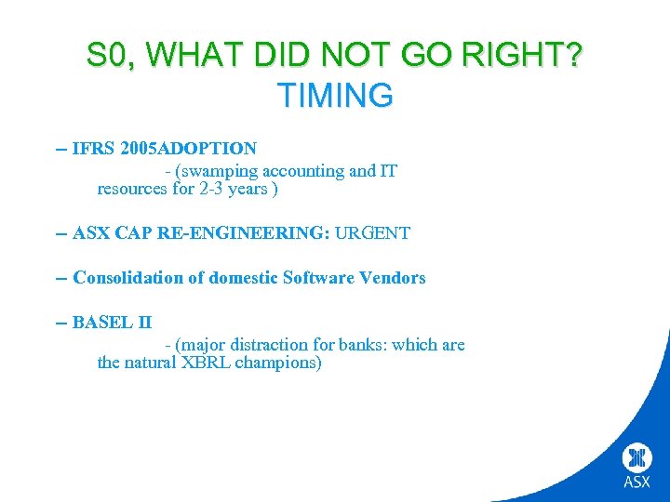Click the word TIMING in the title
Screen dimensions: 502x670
[335, 95]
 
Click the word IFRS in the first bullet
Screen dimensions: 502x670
[94, 148]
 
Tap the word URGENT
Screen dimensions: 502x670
[372, 233]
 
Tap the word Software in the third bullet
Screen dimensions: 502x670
[317, 278]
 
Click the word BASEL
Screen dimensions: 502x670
[102, 323]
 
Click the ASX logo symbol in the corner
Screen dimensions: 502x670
[637, 458]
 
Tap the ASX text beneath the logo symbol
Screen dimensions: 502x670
[637, 482]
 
